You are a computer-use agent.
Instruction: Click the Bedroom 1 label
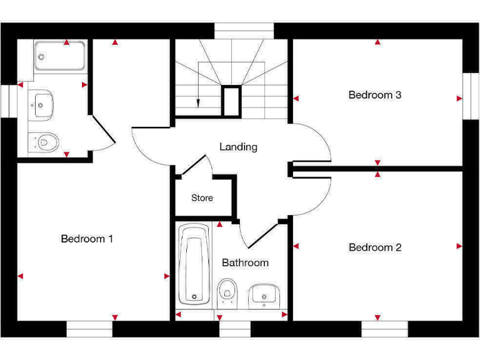click(87, 239)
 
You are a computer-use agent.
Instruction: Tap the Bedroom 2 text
click(375, 247)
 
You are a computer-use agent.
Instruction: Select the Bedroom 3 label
click(375, 95)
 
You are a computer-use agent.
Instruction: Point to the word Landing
click(238, 147)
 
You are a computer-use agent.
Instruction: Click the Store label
click(202, 197)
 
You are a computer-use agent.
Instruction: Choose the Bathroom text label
click(245, 262)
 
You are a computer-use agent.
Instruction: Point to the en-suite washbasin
click(41, 102)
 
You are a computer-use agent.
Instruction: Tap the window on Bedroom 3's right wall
click(470, 96)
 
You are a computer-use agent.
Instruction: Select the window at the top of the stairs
click(244, 31)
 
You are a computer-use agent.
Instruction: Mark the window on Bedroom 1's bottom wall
click(89, 329)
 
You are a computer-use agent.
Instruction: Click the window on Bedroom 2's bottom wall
click(384, 329)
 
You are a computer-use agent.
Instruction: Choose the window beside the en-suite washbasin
click(9, 101)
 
